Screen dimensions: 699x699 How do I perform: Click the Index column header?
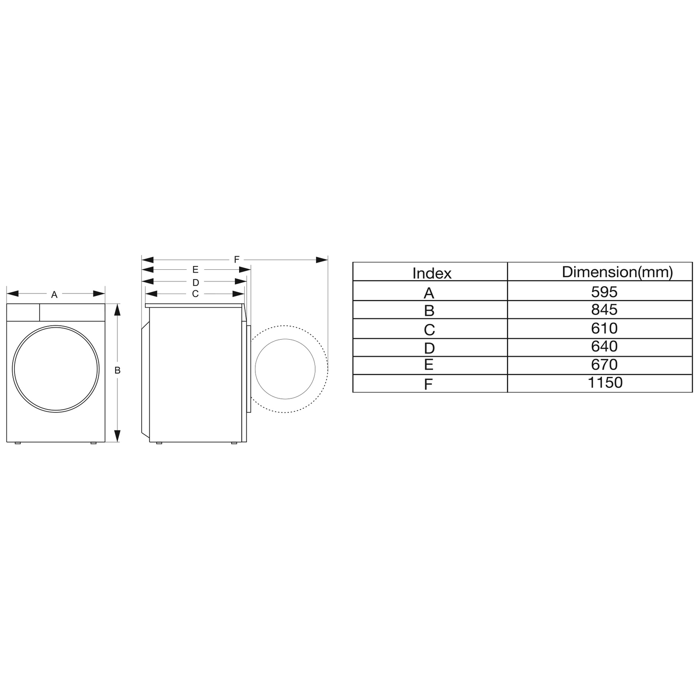click(x=432, y=273)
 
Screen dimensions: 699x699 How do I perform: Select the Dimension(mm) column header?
click(x=617, y=272)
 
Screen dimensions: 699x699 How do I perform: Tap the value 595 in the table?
click(x=604, y=292)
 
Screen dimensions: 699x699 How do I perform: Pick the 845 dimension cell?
click(x=604, y=309)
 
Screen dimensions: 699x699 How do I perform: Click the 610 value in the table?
click(x=604, y=328)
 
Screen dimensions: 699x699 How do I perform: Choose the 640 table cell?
click(x=604, y=346)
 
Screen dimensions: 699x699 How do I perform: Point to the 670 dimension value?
click(x=604, y=364)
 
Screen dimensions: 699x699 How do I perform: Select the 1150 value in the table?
click(x=605, y=382)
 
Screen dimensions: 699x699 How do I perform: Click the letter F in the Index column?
click(x=428, y=384)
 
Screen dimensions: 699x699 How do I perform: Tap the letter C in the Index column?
click(x=429, y=330)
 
